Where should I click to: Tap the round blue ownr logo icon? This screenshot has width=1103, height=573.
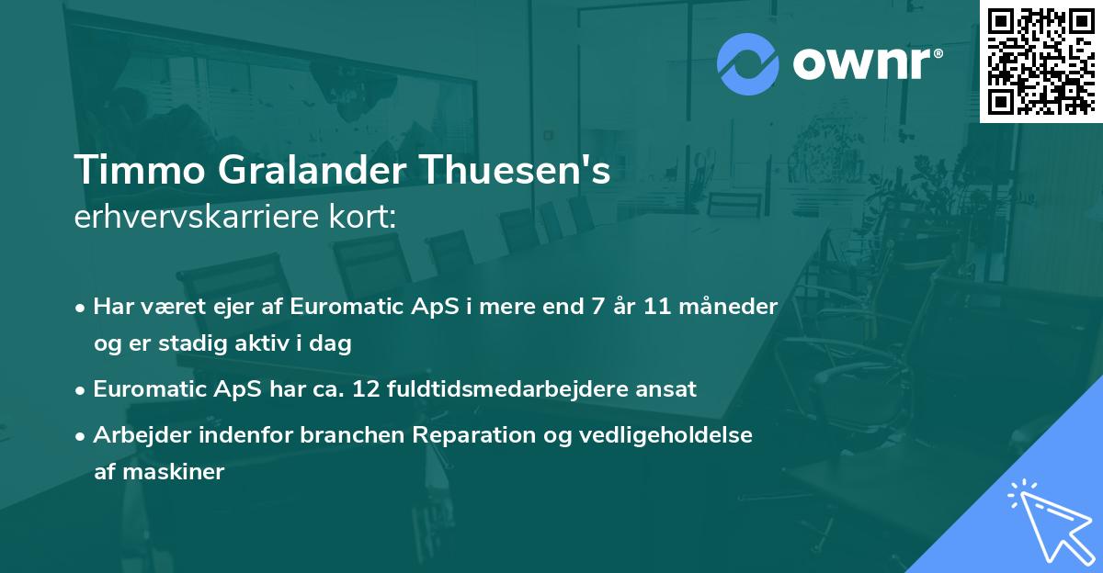[746, 64]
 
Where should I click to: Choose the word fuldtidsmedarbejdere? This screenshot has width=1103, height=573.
[524, 389]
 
